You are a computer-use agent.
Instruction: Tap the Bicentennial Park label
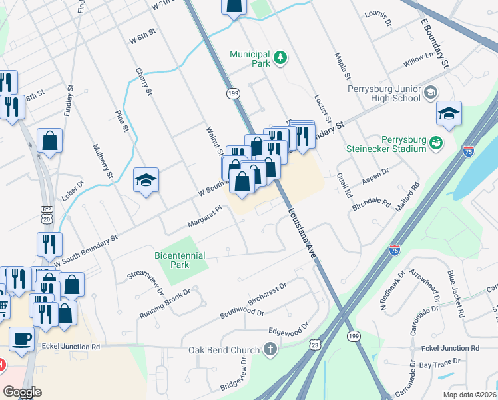pyautogui.click(x=180, y=260)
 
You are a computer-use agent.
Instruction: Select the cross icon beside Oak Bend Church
pyautogui.click(x=270, y=349)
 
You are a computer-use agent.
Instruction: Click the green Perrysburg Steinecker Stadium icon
pyautogui.click(x=437, y=142)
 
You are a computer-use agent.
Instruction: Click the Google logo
pyautogui.click(x=22, y=392)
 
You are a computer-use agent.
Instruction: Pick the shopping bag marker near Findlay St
pyautogui.click(x=49, y=141)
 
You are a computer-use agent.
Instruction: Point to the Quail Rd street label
pyautogui.click(x=345, y=184)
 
